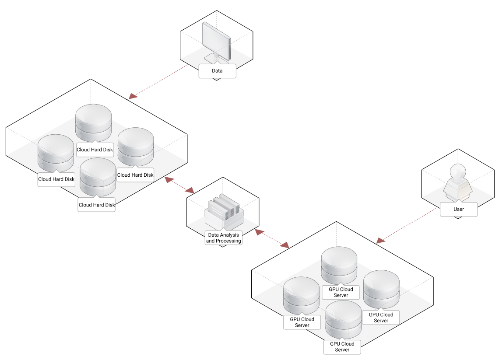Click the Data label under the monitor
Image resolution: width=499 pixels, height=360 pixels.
coord(217,71)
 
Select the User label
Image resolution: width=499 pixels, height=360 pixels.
coord(458,210)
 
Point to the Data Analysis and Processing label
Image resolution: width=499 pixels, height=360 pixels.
coord(223,238)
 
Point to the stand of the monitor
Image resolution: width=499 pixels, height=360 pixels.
coord(214,57)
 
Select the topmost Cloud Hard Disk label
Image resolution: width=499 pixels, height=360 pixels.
coord(95,150)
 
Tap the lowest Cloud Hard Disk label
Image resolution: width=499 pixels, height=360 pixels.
coord(96,205)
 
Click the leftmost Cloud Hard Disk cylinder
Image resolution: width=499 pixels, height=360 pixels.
coord(56,153)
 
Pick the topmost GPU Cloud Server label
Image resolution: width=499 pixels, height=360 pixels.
coord(341,292)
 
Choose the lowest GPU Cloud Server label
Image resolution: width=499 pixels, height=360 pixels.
coord(342,347)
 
